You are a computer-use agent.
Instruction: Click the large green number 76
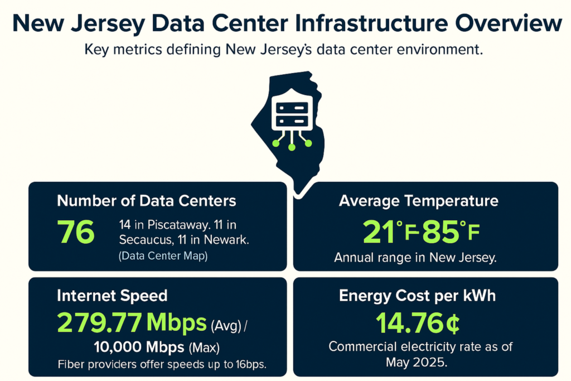[76, 233]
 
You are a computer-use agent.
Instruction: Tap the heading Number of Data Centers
[147, 200]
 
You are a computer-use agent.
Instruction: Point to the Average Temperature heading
[418, 200]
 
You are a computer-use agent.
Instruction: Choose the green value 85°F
[451, 233]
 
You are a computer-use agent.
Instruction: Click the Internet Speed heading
[112, 295]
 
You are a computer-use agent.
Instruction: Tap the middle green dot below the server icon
[292, 147]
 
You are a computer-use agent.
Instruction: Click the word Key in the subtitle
[98, 50]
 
